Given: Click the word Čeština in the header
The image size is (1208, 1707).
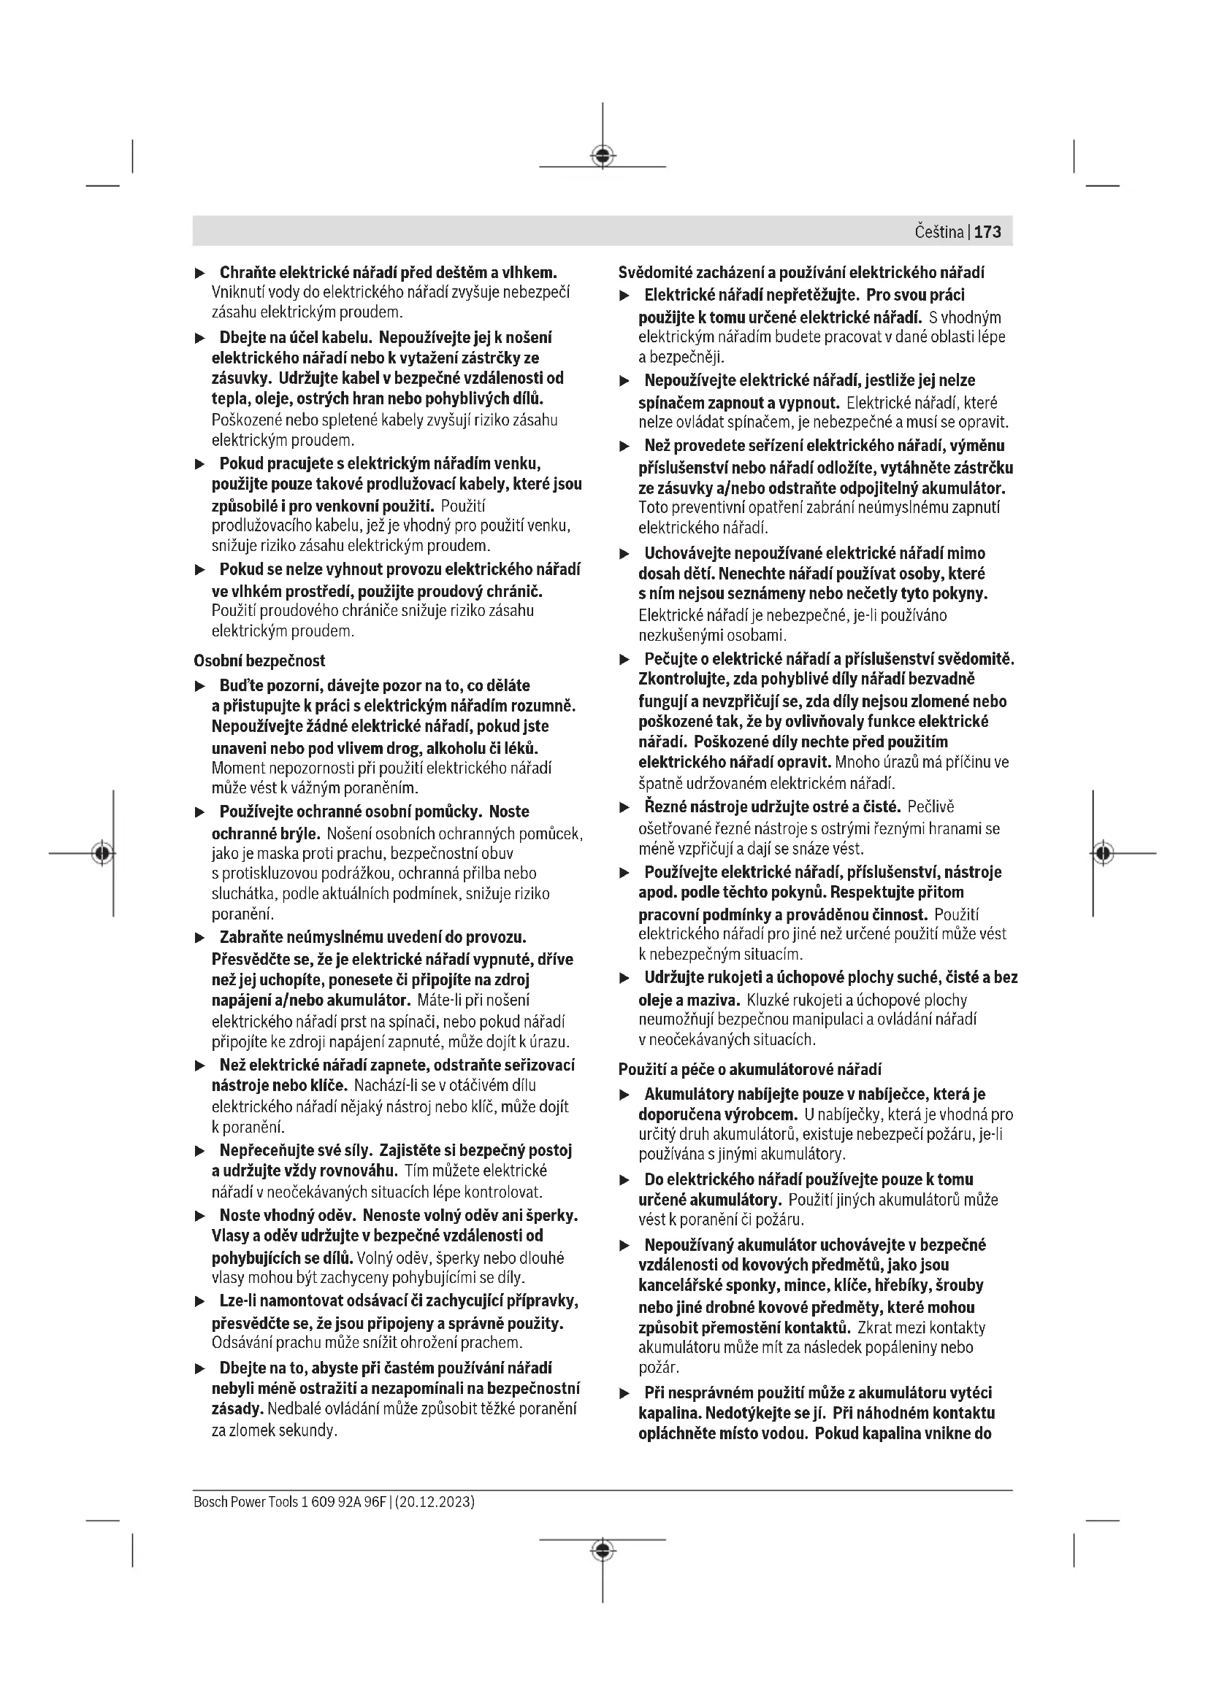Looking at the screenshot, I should pos(939,232).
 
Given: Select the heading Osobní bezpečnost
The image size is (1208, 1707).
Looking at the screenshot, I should pos(259,660).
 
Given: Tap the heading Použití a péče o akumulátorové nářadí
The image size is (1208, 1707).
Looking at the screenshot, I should pos(750,1069).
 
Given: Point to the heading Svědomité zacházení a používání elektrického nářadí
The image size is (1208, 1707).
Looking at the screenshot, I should pos(802,272).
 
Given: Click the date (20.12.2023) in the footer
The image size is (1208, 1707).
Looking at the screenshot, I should pos(435,1502).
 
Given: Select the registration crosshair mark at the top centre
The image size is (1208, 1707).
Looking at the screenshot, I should pos(603,155).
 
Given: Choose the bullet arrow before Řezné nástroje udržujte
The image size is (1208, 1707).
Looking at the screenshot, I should pos(625,807).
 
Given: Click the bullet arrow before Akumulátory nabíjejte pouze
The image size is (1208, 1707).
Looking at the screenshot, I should pos(625,1095).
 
